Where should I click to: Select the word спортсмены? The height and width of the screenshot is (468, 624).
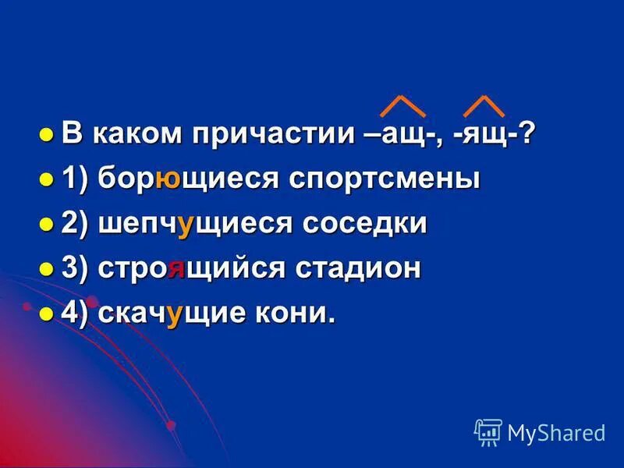385,180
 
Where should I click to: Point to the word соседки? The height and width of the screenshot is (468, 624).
365,225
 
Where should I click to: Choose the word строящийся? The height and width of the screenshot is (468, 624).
194,269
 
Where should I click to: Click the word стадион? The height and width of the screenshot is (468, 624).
358,269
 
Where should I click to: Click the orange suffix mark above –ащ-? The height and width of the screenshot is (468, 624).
402,106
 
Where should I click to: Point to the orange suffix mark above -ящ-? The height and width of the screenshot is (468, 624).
484,106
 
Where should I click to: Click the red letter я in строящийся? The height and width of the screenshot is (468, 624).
176,270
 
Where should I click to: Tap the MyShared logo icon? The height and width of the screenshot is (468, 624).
488,431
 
